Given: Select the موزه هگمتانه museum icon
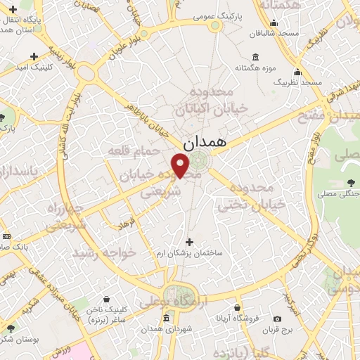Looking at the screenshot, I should (x=255, y=58).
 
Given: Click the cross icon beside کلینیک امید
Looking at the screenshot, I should (x=34, y=56).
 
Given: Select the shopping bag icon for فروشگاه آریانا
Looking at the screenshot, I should (x=238, y=308).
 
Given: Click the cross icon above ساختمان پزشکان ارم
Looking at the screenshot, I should (x=188, y=242).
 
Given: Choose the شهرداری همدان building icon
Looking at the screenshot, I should (x=166, y=318).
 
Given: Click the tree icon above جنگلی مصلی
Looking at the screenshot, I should (x=349, y=181).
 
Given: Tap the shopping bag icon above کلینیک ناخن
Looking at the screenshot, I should (x=106, y=299).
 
